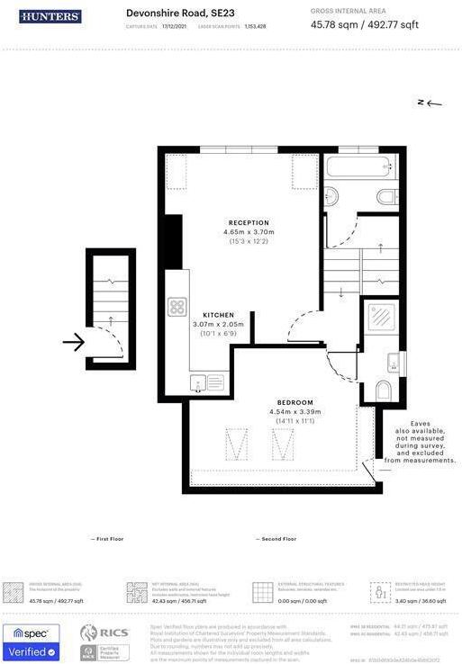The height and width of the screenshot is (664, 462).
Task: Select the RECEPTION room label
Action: [x=249, y=222]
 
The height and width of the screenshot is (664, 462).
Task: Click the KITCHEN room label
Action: [x=218, y=314]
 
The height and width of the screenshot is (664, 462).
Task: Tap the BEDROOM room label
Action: [x=294, y=402]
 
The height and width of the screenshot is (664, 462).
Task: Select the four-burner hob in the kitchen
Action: [x=177, y=307]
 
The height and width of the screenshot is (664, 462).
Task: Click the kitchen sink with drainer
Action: [x=207, y=382]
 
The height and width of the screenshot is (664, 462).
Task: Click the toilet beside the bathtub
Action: [x=386, y=196]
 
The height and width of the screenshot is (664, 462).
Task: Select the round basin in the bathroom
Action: [x=331, y=194]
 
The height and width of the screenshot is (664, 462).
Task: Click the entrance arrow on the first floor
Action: [x=75, y=342]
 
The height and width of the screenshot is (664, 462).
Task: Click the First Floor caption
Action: [x=107, y=539]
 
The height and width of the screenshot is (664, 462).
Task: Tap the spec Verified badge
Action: [x=32, y=642]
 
